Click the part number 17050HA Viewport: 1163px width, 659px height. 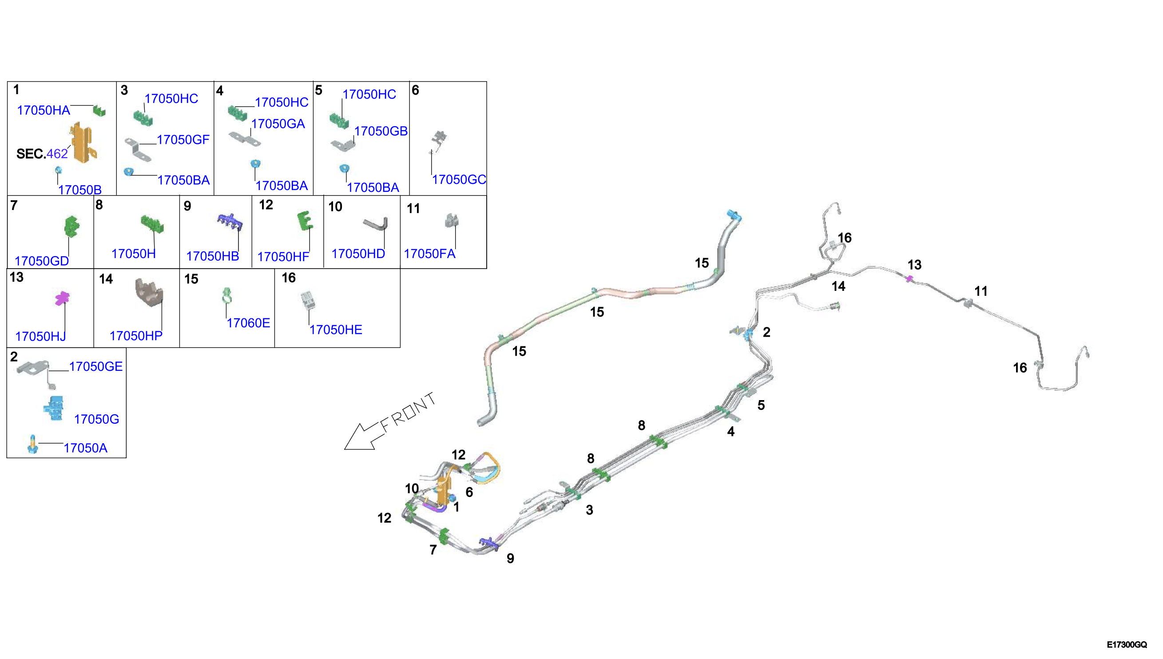pos(44,111)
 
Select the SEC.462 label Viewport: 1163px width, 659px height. pos(42,154)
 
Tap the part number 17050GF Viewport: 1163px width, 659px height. pos(183,140)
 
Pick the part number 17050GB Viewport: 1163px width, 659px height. pos(381,131)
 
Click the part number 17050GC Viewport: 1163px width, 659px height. pos(459,180)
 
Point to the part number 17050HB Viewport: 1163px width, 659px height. pos(213,256)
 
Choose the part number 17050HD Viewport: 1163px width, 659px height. pos(358,254)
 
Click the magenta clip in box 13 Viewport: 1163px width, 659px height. pos(62,298)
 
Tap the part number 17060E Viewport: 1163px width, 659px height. pos(248,323)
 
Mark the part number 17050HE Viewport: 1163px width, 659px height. pos(336,330)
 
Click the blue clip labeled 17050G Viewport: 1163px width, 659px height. pos(54,408)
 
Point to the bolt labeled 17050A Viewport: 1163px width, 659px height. pos(32,445)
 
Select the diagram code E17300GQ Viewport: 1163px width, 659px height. pos(1127,644)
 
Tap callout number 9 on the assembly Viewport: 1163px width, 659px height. pos(511,559)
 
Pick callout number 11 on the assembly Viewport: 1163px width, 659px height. pos(981,291)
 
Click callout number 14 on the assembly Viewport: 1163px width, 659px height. pos(838,286)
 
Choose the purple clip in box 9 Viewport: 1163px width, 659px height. pos(230,221)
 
